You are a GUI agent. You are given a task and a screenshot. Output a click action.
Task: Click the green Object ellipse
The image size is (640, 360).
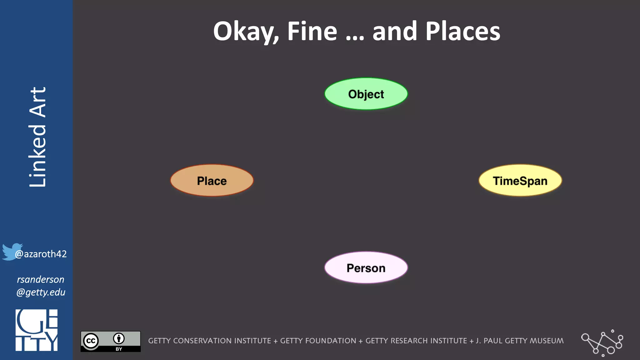pyautogui.click(x=366, y=94)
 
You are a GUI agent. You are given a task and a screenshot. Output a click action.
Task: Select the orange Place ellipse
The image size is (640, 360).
pyautogui.click(x=212, y=181)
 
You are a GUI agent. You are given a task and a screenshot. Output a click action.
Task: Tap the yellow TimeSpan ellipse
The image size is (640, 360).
pyautogui.click(x=520, y=181)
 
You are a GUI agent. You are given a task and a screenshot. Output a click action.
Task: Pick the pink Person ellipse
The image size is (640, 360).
pyautogui.click(x=366, y=268)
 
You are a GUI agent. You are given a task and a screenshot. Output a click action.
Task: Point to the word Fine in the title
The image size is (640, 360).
pyautogui.click(x=312, y=32)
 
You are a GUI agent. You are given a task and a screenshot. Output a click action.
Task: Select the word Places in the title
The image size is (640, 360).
pyautogui.click(x=463, y=32)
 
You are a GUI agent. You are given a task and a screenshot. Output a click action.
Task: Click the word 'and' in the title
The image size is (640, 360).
pyautogui.click(x=395, y=32)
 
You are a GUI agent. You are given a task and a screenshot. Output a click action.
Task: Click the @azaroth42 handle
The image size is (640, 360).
pyautogui.click(x=41, y=254)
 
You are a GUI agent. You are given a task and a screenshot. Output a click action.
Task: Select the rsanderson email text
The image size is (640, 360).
pyautogui.click(x=41, y=286)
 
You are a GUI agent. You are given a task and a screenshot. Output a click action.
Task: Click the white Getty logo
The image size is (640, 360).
pyautogui.click(x=37, y=330)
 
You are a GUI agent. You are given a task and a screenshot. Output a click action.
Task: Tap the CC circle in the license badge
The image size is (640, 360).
pyautogui.click(x=91, y=341)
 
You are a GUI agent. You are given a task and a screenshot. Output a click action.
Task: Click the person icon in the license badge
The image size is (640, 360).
pyautogui.click(x=119, y=338)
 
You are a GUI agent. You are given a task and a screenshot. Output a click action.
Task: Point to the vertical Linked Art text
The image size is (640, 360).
pyautogui.click(x=37, y=137)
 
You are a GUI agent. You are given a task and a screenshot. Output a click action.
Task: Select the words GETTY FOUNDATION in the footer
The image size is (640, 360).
pyautogui.click(x=318, y=341)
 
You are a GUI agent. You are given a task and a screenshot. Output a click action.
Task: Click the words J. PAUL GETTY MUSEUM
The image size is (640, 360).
pyautogui.click(x=520, y=341)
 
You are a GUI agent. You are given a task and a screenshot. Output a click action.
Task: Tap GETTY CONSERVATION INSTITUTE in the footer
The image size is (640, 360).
pyautogui.click(x=209, y=341)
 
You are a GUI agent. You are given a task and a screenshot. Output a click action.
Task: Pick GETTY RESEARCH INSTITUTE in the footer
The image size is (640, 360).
pyautogui.click(x=416, y=341)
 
